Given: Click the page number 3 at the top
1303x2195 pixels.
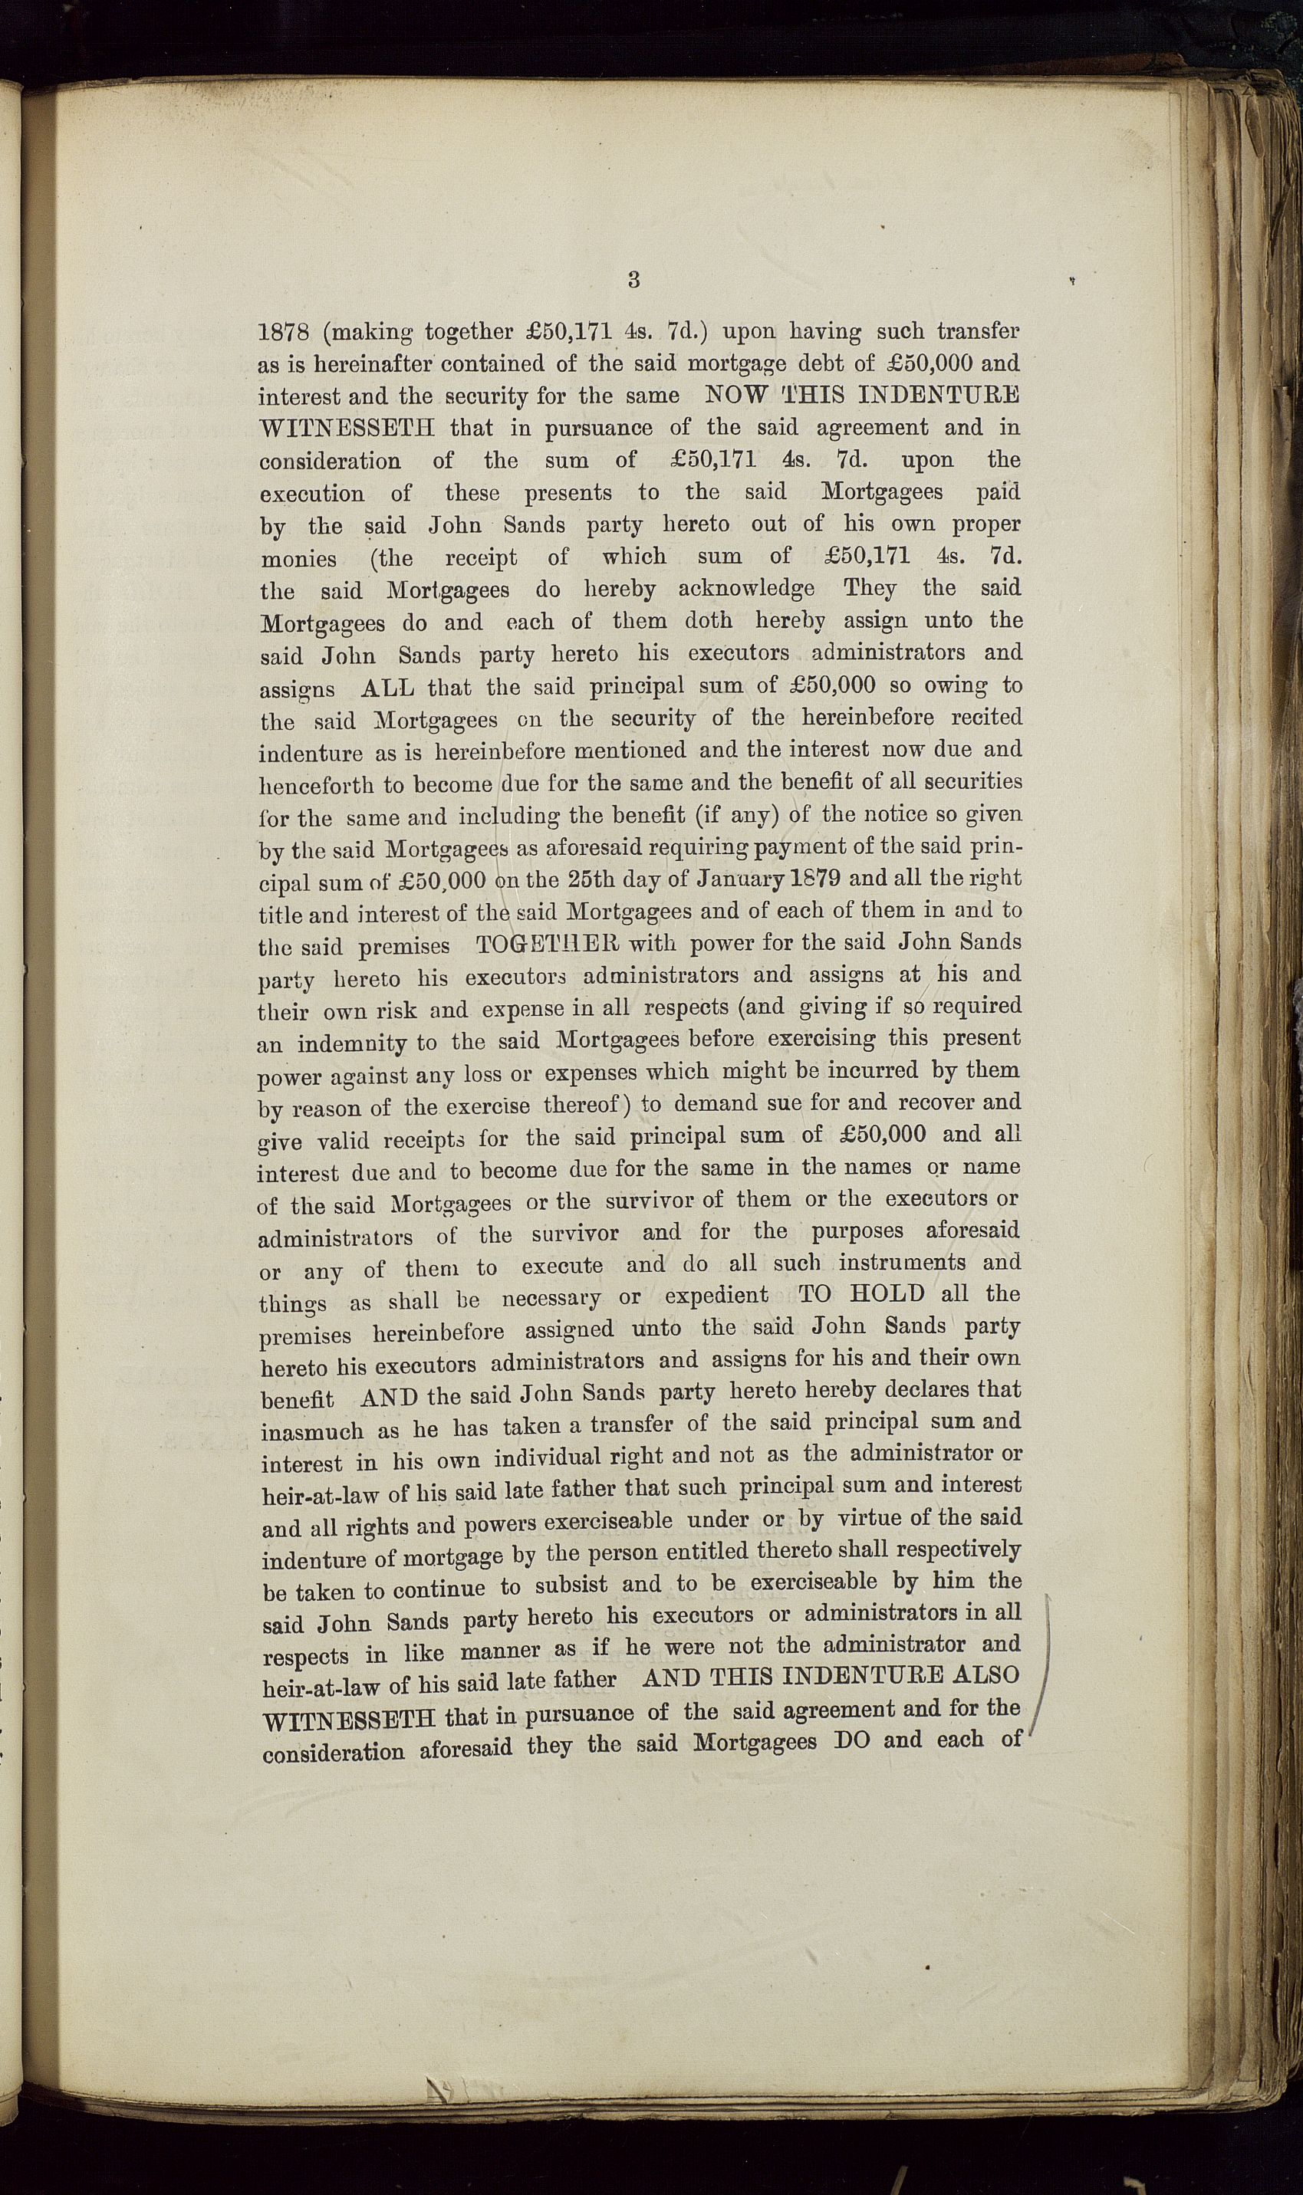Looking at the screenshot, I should [x=633, y=280].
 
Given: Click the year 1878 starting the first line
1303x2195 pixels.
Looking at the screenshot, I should [x=285, y=333].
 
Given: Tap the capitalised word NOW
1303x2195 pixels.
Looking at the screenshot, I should [x=735, y=395].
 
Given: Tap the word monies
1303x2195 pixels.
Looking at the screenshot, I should [x=298, y=559].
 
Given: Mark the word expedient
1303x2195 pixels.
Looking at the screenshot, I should [x=716, y=1296].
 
